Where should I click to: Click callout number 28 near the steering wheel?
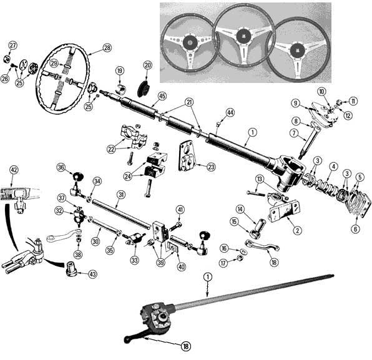coord(107,47)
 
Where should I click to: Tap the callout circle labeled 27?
coord(12,45)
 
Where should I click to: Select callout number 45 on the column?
coord(162,95)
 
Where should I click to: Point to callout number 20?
coord(148,64)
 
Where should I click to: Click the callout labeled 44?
coord(230,112)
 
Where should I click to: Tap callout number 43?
coord(92,274)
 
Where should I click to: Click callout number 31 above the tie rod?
coord(121,195)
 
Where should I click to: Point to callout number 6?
coord(355,229)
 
